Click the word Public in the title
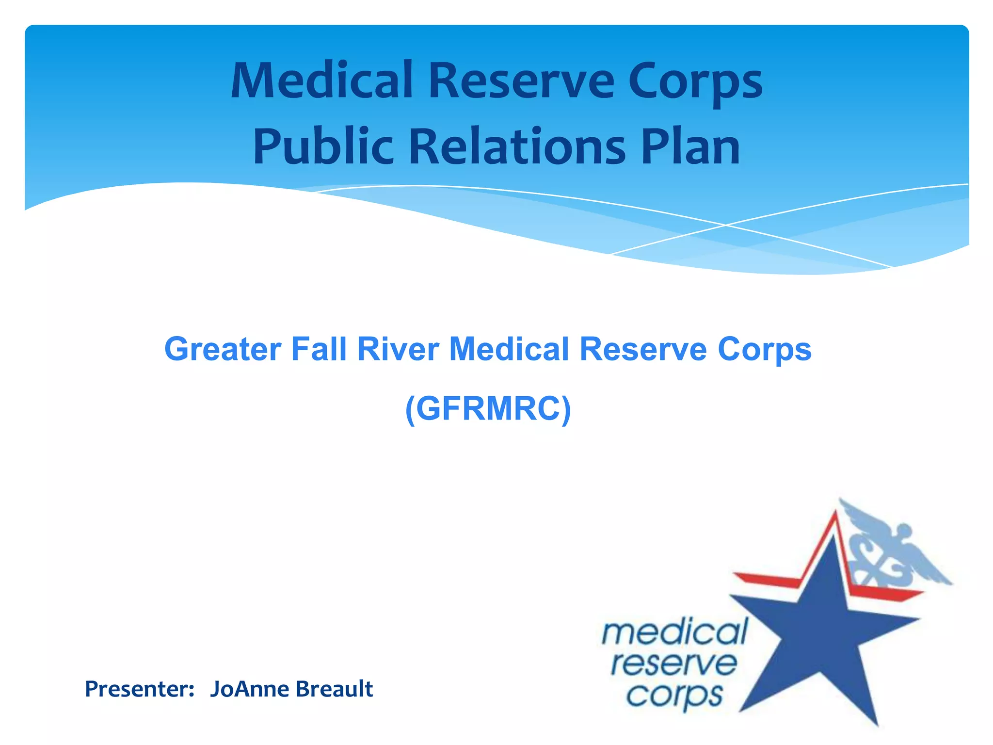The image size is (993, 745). pos(323,147)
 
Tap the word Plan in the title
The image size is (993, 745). pos(690,147)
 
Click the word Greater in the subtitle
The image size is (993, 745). pos(223,349)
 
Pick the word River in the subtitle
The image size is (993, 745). pos(398,349)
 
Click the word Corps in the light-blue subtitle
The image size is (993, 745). pos(764,349)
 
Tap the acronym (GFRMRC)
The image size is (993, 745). pos(488,409)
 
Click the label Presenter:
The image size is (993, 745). pos(140,689)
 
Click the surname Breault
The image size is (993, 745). pos(334,689)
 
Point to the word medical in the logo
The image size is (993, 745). pos(674,633)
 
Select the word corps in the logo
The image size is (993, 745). pos(674,696)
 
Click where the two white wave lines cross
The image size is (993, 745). pos(726,225)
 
